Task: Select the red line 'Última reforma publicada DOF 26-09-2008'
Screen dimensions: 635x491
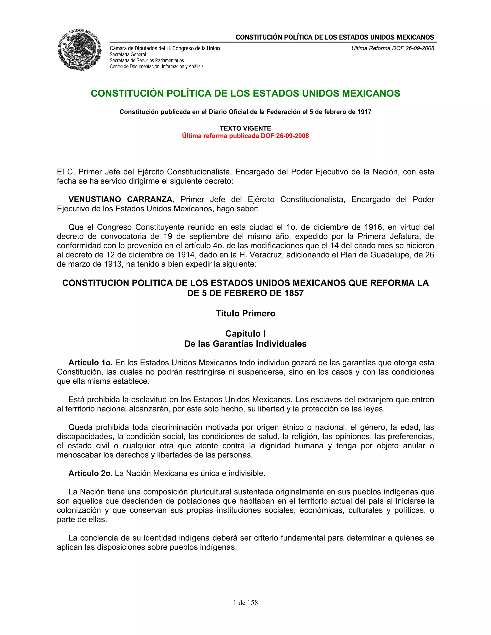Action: pos(245,136)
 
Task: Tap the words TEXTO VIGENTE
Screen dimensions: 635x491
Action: pos(245,128)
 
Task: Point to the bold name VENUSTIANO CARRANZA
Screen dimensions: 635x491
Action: pos(120,199)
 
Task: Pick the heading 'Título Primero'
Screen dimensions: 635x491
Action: pos(245,313)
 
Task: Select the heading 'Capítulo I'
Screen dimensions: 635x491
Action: pos(245,334)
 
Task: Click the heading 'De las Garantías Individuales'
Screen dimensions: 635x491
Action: pos(245,344)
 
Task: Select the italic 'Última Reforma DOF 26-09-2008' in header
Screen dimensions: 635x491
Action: pos(392,48)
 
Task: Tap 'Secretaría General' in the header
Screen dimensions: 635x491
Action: pos(128,54)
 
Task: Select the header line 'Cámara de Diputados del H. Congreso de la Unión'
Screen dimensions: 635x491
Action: pos(165,48)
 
